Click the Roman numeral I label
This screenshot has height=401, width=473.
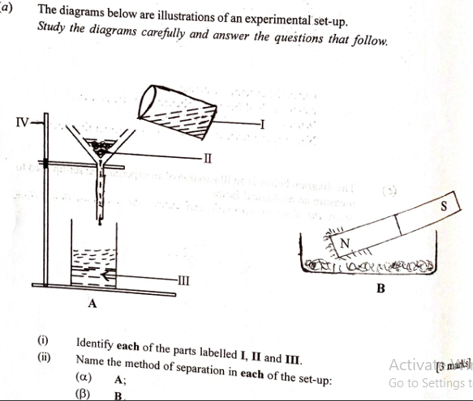click(263, 122)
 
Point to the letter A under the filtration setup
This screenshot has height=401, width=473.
click(92, 304)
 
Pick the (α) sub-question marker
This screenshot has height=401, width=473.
click(82, 378)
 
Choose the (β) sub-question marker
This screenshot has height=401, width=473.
click(82, 395)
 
